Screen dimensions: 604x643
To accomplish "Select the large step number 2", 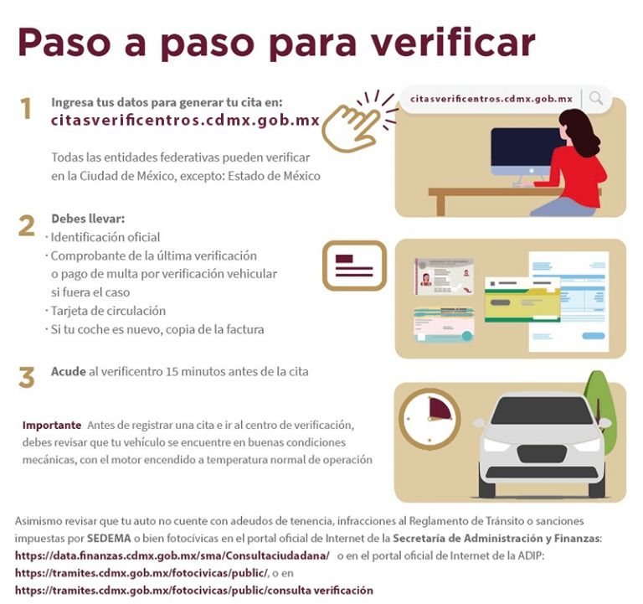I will [x=27, y=226].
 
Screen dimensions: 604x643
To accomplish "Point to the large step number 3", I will [x=27, y=377].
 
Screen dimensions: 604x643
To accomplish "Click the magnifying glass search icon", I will [x=596, y=98].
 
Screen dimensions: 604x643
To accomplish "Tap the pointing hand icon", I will [x=352, y=125].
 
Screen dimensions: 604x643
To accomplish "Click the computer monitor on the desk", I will [x=526, y=151].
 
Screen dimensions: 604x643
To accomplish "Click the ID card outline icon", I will [x=354, y=266].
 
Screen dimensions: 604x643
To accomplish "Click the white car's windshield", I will [x=541, y=411].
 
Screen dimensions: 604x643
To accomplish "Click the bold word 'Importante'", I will [x=52, y=425].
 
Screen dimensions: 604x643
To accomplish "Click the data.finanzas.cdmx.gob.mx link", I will [x=172, y=555].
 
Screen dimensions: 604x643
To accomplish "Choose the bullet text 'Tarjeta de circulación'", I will [x=108, y=311].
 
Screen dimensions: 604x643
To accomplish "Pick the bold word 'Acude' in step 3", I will [x=68, y=371].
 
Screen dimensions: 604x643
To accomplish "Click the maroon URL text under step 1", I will [x=185, y=120].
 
